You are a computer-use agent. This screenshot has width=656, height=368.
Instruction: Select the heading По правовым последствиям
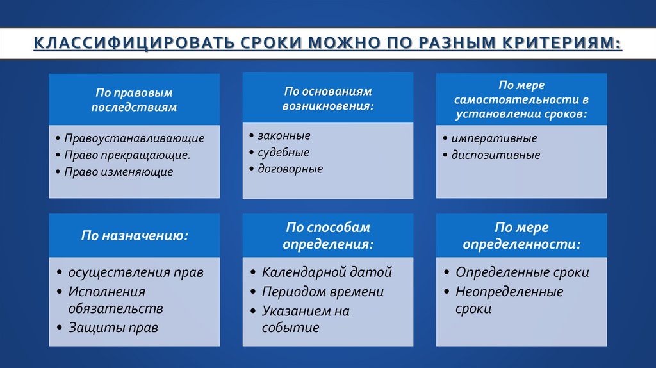tap(134, 100)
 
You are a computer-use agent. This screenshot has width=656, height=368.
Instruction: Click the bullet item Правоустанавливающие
tap(134, 138)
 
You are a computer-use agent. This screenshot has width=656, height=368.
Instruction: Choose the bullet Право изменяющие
tap(119, 172)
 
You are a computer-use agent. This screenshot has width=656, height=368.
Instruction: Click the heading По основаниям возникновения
tap(327, 98)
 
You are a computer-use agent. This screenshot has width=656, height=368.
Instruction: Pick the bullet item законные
tap(284, 136)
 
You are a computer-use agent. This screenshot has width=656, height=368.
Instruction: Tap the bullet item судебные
tap(283, 153)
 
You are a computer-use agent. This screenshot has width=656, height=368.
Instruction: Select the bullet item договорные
tap(290, 169)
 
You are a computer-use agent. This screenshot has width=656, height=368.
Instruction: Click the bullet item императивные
tap(494, 138)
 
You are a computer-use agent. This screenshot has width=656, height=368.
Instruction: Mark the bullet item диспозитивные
tap(495, 155)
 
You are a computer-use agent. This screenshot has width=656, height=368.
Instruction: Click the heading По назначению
tap(134, 235)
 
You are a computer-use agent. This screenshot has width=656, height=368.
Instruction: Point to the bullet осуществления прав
tap(136, 272)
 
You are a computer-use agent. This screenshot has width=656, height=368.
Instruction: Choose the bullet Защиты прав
tap(113, 328)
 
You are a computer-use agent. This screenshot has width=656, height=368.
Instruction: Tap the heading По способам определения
tap(327, 235)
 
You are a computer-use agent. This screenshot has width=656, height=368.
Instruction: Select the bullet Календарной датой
tap(327, 272)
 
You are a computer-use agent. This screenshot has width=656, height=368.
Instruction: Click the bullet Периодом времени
tap(322, 292)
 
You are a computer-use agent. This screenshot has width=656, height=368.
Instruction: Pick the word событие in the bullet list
tap(290, 328)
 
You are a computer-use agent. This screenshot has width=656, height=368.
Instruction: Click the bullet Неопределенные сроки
tap(509, 299)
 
